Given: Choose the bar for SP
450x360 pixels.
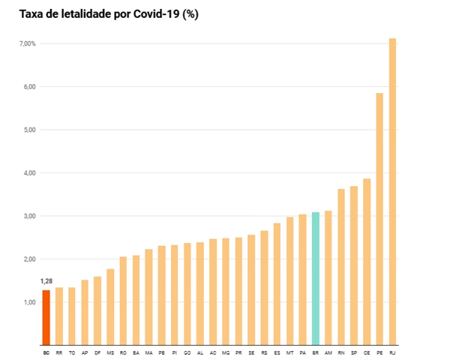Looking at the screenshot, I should click(x=354, y=265).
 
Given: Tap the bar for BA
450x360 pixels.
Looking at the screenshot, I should click(x=136, y=300).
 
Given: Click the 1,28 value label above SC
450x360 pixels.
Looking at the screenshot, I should click(x=46, y=281).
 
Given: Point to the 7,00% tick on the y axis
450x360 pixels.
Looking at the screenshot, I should click(x=26, y=43).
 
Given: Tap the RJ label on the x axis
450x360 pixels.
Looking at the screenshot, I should click(x=393, y=352).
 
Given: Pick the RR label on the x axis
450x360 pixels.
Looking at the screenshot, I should click(x=58, y=352).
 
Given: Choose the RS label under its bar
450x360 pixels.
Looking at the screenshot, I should click(x=264, y=352).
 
